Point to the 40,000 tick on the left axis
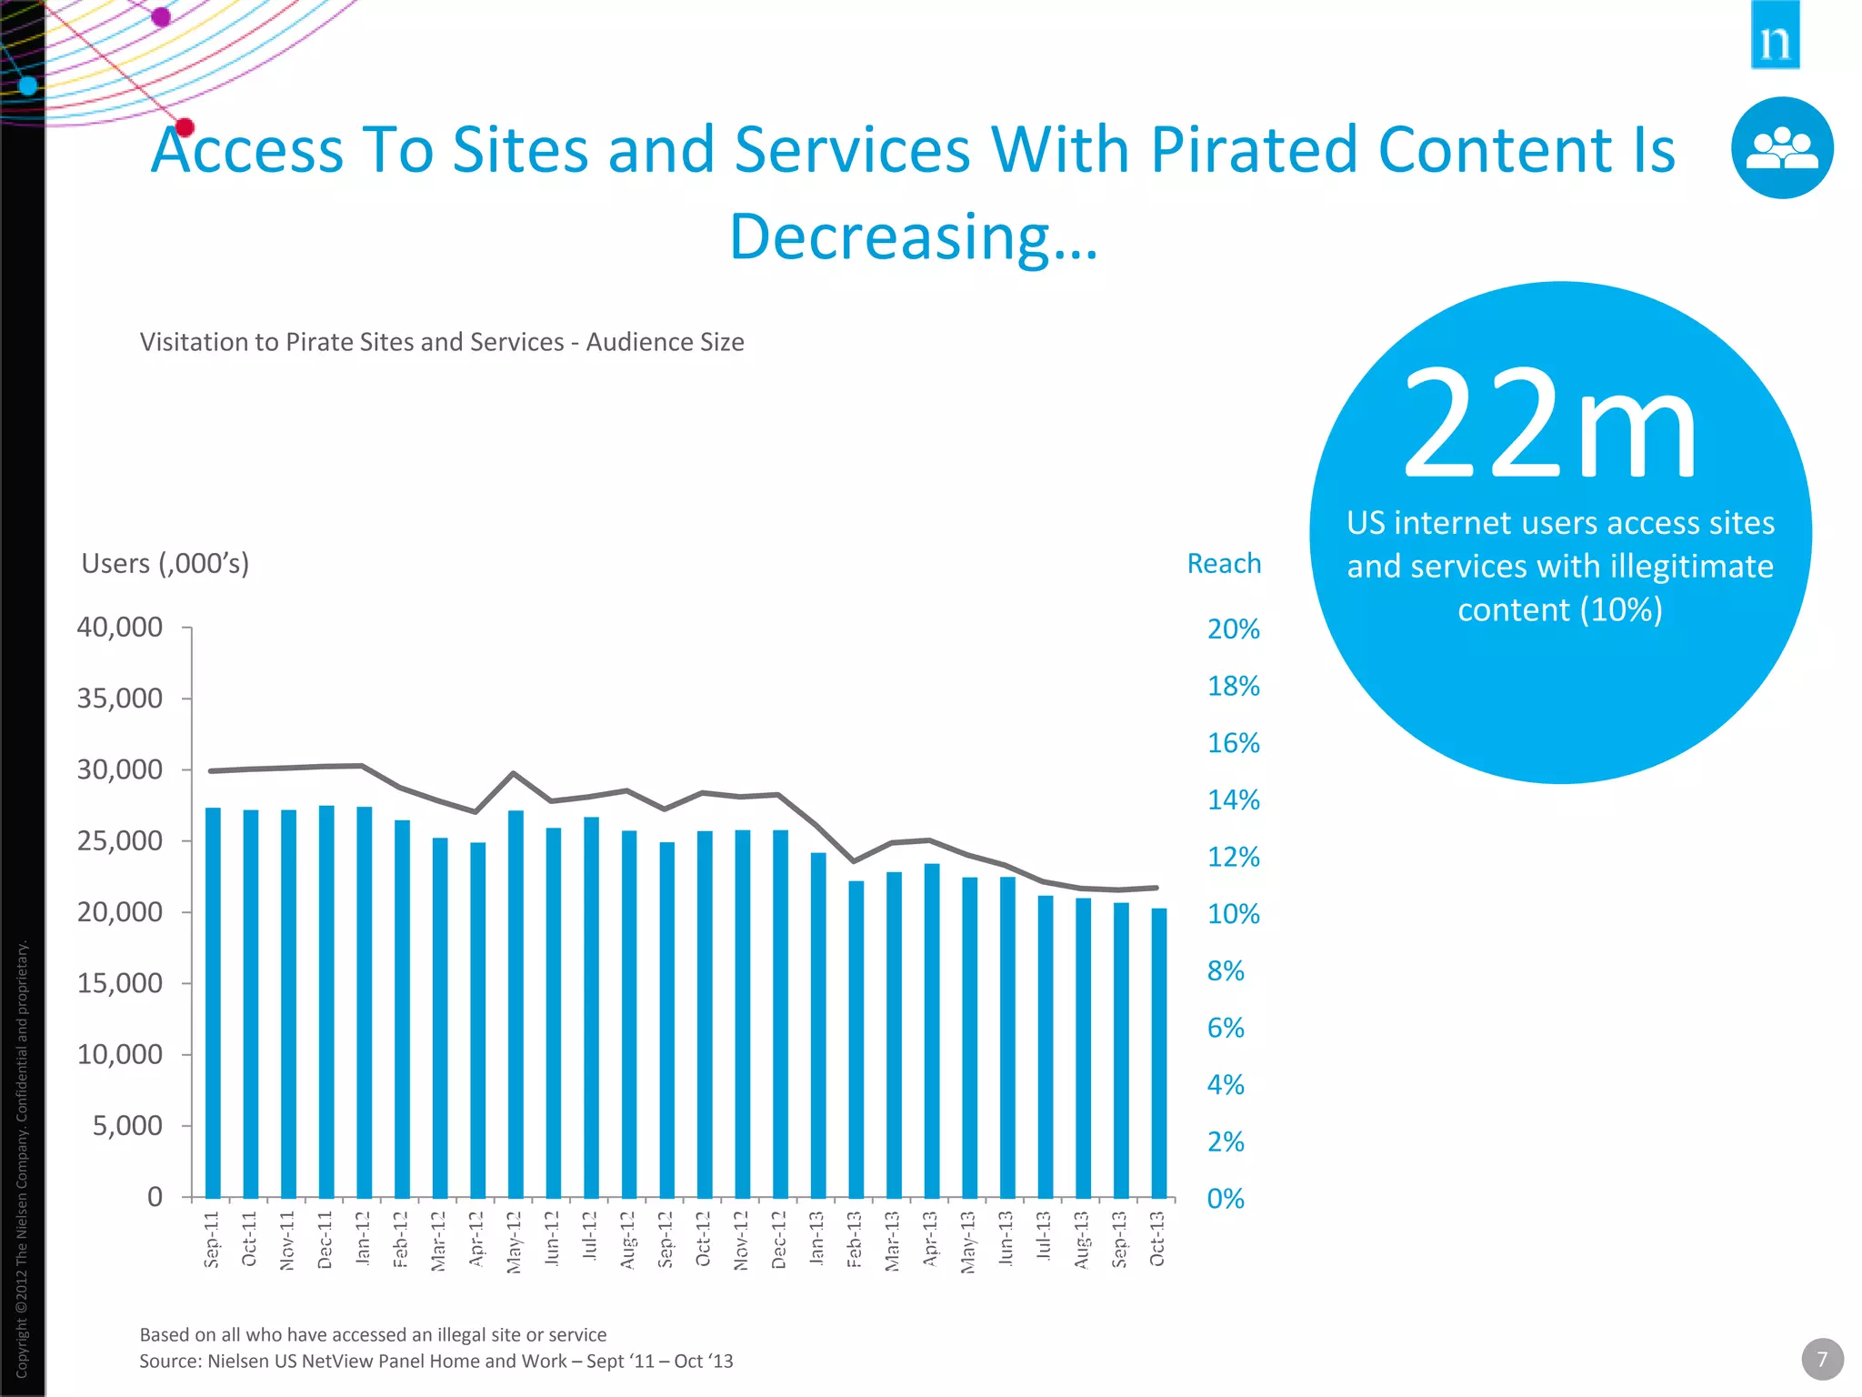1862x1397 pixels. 120,628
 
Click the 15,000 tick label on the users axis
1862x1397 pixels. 120,983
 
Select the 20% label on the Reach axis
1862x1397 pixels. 1233,629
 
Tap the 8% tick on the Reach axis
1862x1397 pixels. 1226,971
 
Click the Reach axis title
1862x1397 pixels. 1224,564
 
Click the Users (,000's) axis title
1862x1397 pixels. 165,564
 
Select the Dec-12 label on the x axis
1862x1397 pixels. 780,1239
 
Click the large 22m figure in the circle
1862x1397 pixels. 1550,425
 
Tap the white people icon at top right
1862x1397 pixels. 1782,148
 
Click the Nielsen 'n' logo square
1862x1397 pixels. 1775,35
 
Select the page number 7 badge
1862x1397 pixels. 1822,1360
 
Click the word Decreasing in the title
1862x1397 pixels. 891,236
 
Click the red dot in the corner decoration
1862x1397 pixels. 185,127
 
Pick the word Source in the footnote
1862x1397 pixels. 169,1362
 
